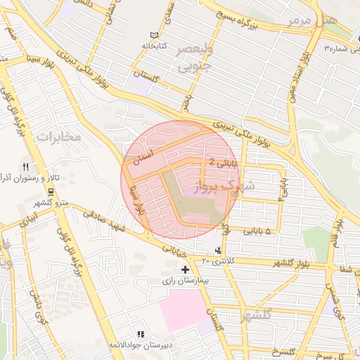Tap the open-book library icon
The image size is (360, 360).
pos(154,35)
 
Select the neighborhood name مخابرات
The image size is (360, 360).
pos(60,136)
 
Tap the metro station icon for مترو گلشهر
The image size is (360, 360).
pos(51,191)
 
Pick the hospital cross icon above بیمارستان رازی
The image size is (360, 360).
pos(185,269)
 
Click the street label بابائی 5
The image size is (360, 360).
pos(256,230)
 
